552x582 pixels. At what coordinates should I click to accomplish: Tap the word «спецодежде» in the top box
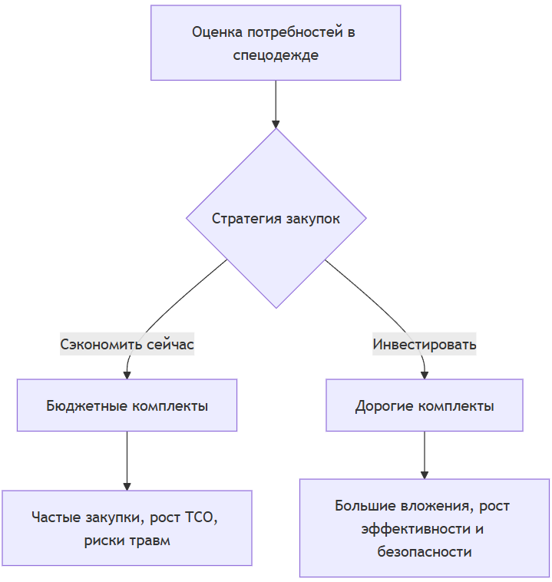(x=276, y=55)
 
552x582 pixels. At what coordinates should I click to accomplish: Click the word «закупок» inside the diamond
(x=312, y=219)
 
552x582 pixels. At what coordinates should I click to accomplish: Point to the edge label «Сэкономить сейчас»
(x=127, y=345)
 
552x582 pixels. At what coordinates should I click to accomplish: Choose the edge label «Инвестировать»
(x=425, y=345)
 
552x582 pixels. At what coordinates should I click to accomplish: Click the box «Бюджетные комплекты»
(x=127, y=405)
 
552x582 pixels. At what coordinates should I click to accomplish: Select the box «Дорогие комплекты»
(x=425, y=405)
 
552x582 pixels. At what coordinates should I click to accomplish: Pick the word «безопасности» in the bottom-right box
(x=425, y=552)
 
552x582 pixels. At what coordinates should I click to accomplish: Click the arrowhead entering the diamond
(x=276, y=124)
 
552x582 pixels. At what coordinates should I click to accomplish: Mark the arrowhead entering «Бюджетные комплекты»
(x=127, y=374)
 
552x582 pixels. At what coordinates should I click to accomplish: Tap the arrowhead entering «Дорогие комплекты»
(x=425, y=374)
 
